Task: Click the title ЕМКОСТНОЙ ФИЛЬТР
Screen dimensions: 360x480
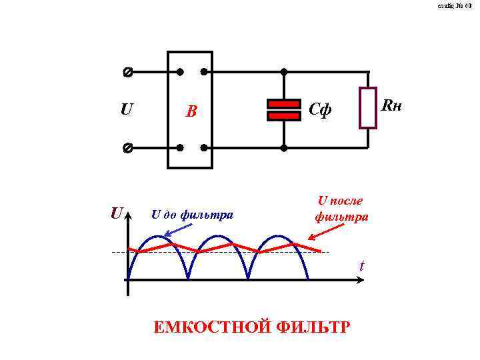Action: [251, 328]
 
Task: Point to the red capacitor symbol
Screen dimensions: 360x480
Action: [283, 110]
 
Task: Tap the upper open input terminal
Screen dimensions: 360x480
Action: [127, 71]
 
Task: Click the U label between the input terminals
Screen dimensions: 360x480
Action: [126, 109]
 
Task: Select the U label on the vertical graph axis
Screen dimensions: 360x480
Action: [117, 214]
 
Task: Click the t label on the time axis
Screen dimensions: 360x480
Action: [362, 266]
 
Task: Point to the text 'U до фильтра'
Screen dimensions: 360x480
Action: [192, 215]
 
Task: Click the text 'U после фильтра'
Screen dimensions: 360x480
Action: [341, 208]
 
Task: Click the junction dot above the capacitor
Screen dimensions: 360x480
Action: [283, 71]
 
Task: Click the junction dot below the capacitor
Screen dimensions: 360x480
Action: [283, 147]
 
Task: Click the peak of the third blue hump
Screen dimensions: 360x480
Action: [278, 236]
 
